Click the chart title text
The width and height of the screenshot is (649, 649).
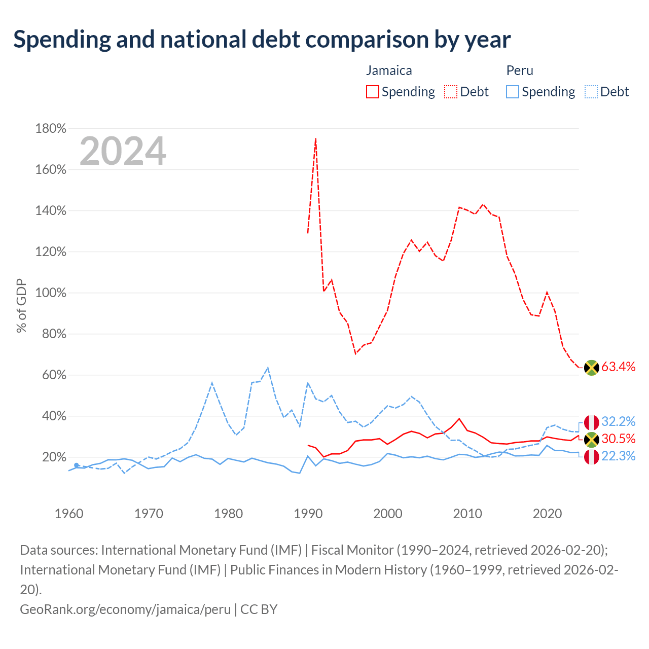coord(262,40)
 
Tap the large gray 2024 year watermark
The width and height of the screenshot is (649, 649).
coord(123,151)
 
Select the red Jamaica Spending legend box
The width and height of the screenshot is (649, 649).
coord(372,92)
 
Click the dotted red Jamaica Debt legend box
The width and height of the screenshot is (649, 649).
coord(450,92)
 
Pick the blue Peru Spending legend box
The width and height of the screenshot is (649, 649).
coord(512,92)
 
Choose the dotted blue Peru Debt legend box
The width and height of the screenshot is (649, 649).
coord(591,92)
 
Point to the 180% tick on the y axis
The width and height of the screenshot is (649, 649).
coord(51,128)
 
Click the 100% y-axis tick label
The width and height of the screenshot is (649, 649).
coord(51,293)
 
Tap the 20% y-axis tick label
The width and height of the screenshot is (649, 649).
coord(54,457)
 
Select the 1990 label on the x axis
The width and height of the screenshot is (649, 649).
coord(308,514)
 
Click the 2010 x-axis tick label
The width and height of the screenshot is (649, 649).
coord(467,514)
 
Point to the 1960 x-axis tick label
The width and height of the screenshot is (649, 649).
coord(69,514)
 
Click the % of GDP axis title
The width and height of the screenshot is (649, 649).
coord(21,305)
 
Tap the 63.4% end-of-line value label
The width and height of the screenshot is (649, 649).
coord(618,367)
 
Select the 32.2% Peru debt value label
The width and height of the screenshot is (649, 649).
coord(618,421)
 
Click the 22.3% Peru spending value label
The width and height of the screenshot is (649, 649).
coord(618,456)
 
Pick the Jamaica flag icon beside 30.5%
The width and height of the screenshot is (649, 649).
coord(591,440)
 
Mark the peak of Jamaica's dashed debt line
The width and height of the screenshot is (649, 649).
coord(315,138)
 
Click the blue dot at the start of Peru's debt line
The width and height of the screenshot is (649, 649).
coord(77,465)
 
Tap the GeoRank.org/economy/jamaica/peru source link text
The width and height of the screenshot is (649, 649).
coord(125,609)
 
